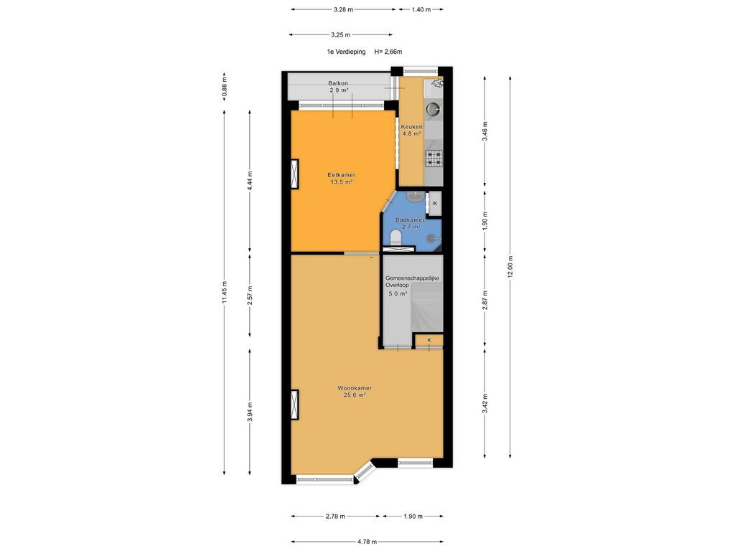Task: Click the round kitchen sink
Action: (x=433, y=109)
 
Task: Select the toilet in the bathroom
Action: (x=395, y=237)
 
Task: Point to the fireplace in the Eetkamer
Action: (x=295, y=174)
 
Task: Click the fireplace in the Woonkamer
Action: (x=295, y=405)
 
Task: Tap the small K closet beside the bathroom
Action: (x=434, y=204)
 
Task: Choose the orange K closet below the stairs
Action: (x=429, y=340)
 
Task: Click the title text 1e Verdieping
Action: (x=346, y=52)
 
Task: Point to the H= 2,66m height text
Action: (x=388, y=52)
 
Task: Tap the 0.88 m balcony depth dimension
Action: (x=224, y=88)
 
